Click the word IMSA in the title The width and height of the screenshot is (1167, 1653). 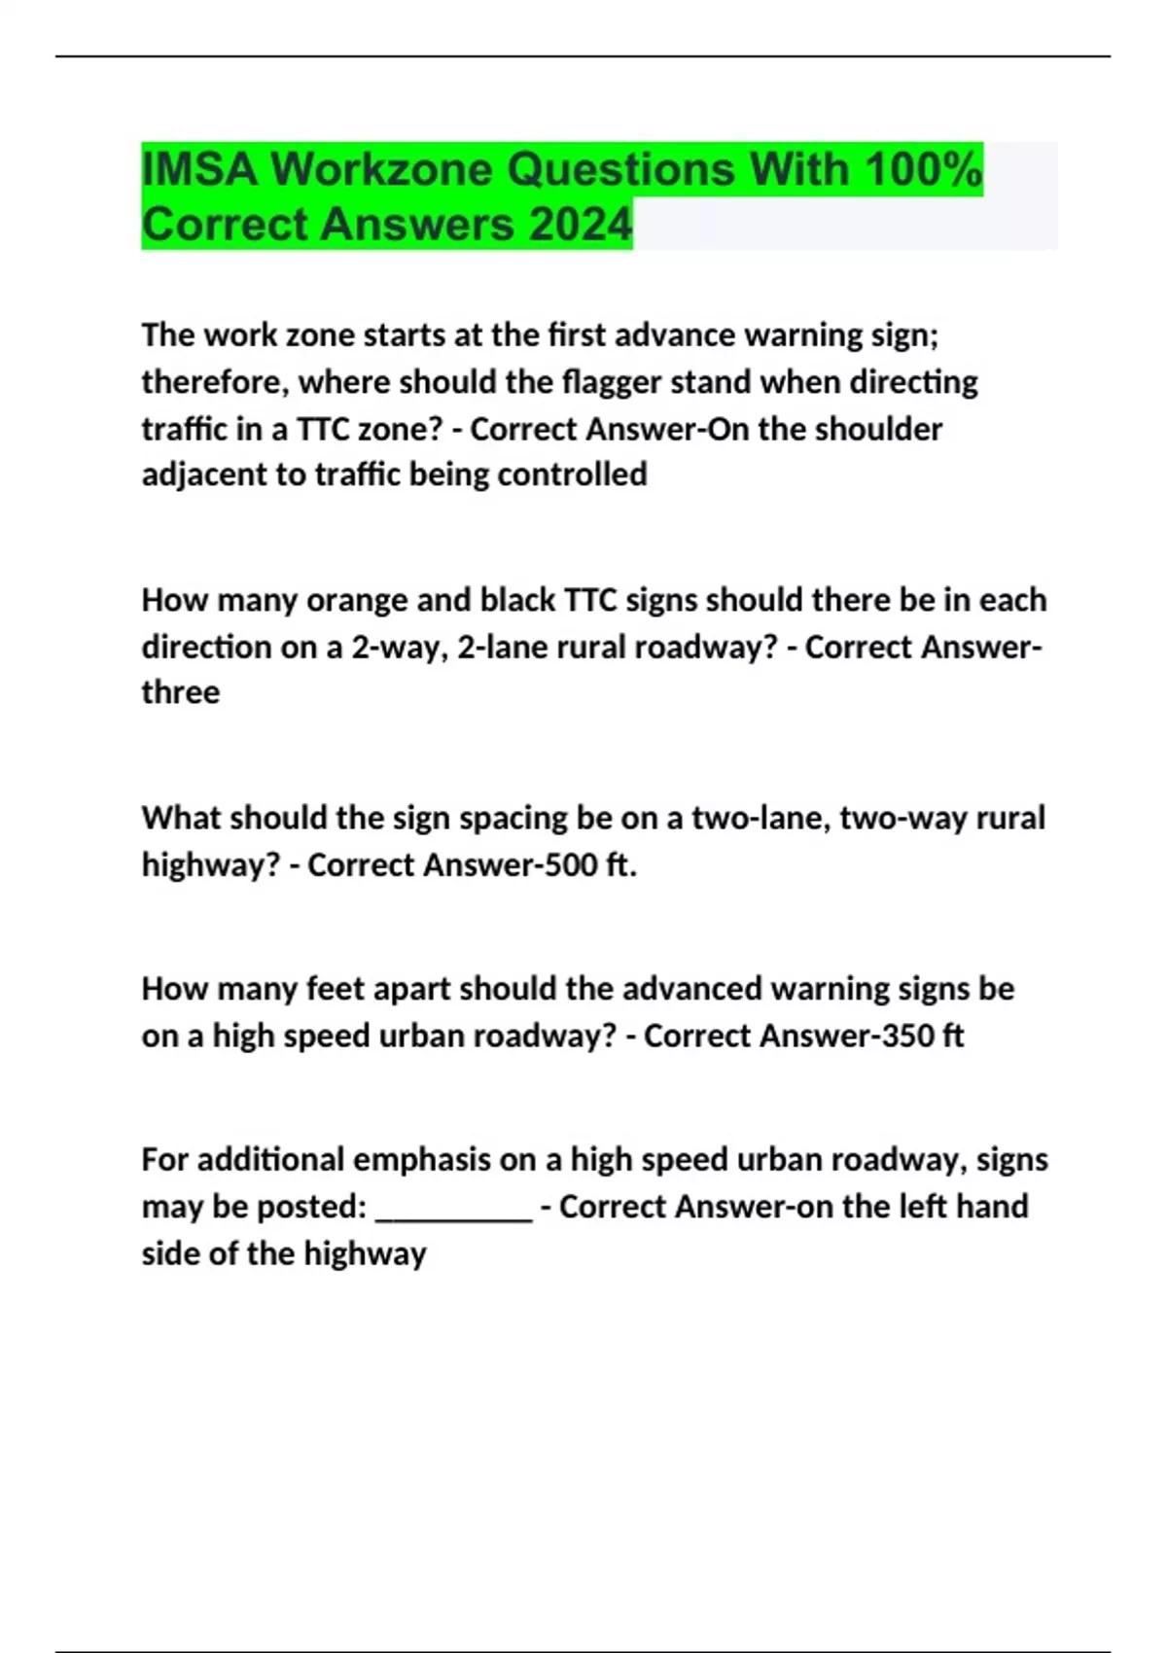pos(200,170)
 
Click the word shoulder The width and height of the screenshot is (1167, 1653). pos(880,429)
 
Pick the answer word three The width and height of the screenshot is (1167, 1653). pos(181,692)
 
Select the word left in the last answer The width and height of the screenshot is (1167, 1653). pos(922,1207)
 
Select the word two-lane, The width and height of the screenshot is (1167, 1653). pos(760,818)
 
